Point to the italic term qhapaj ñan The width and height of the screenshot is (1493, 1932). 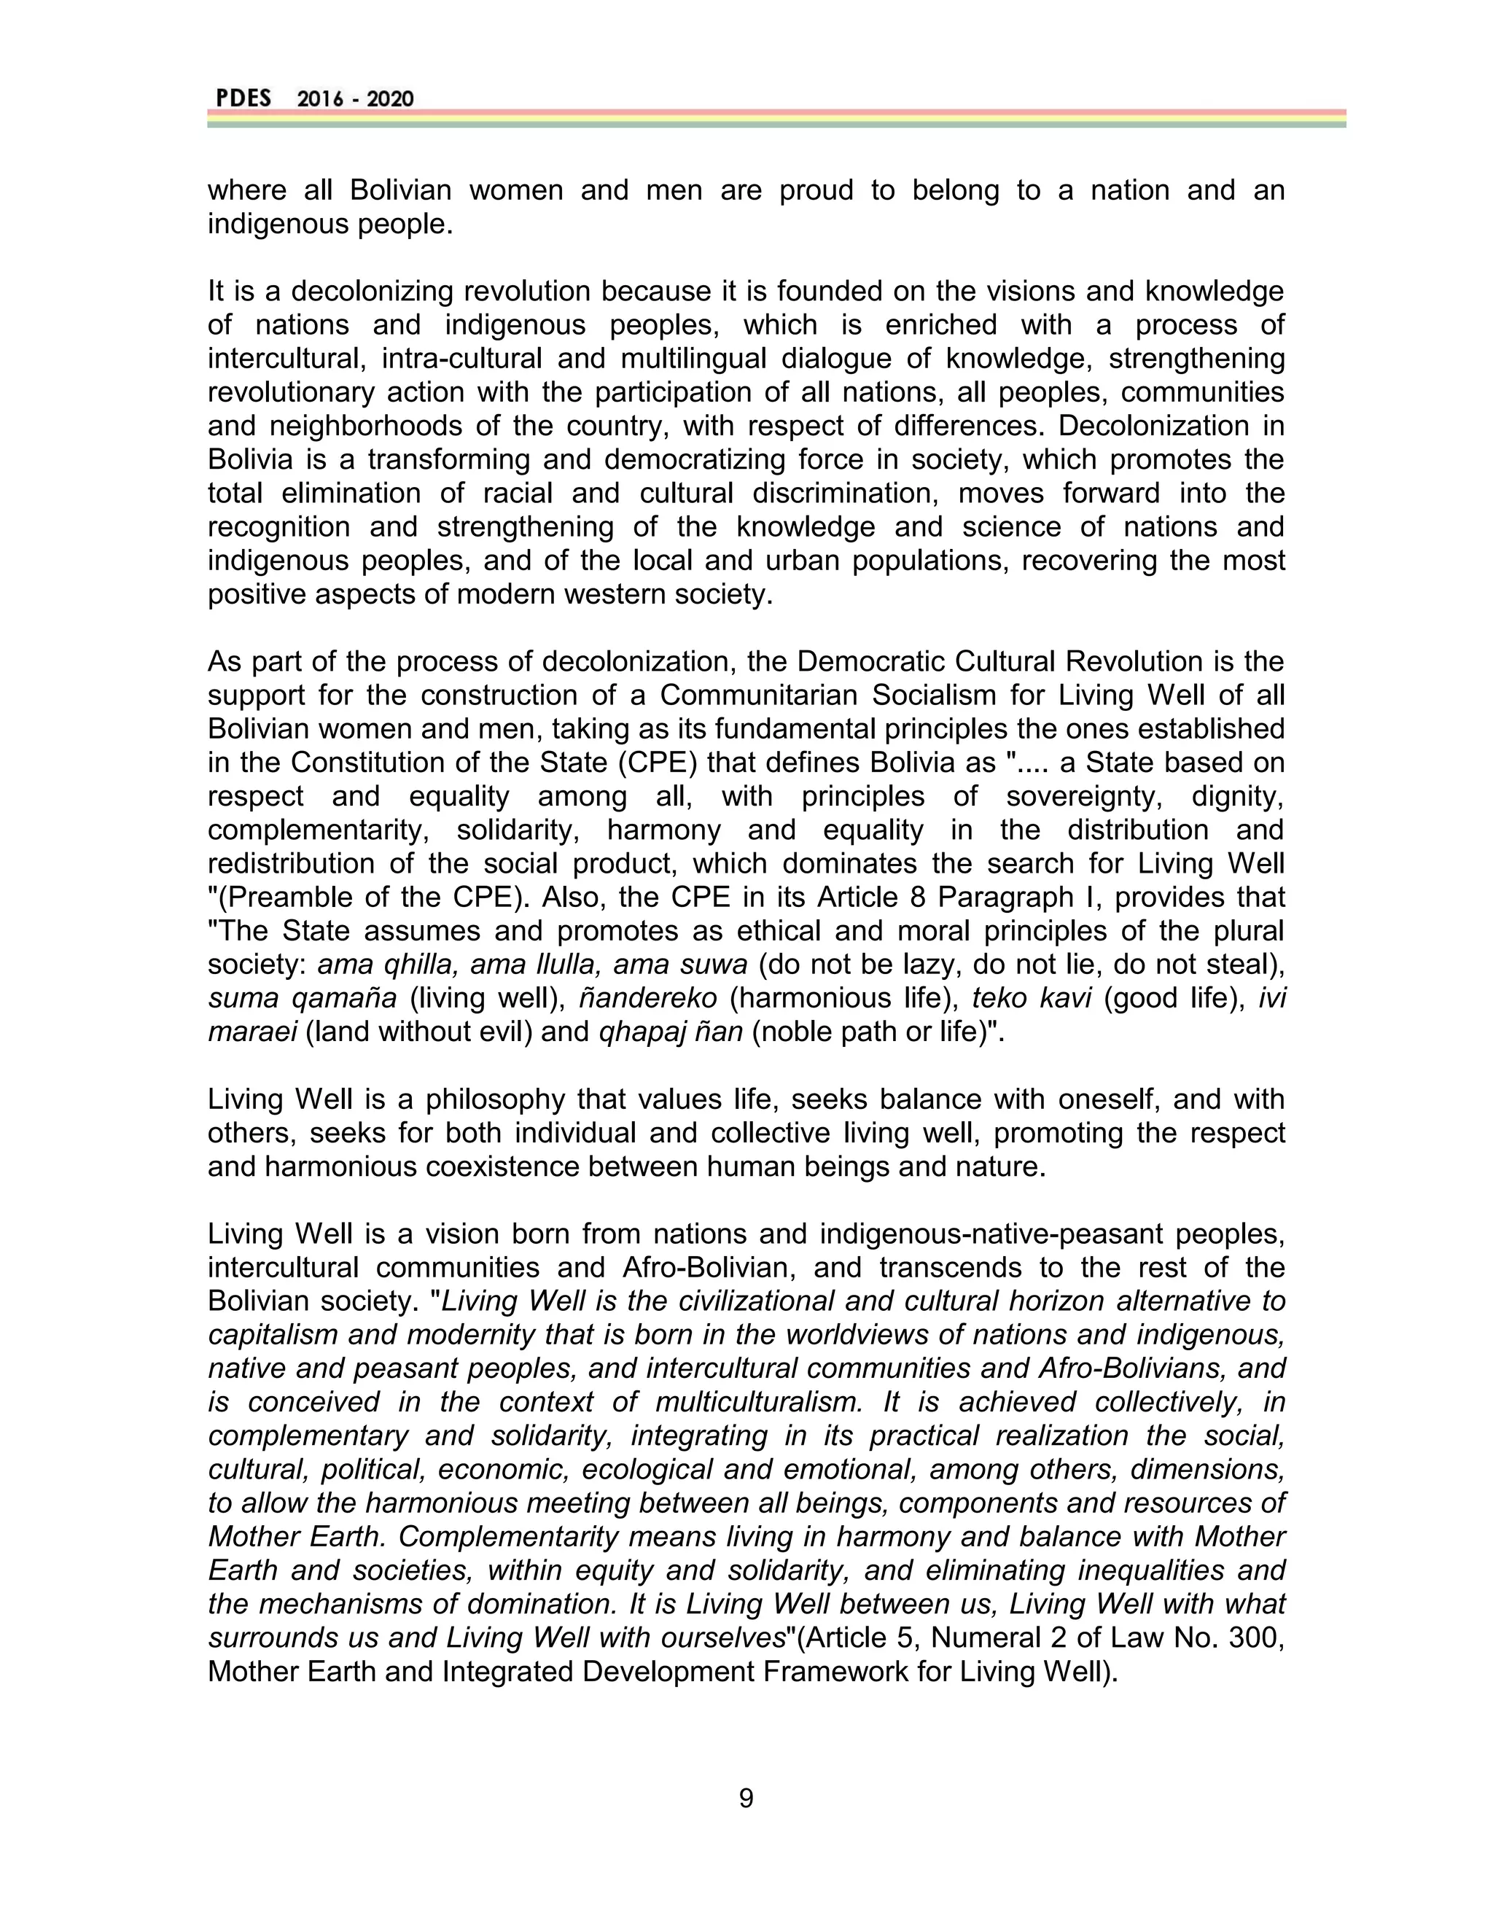click(671, 1032)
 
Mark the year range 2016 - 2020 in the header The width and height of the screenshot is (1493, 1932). click(355, 99)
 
